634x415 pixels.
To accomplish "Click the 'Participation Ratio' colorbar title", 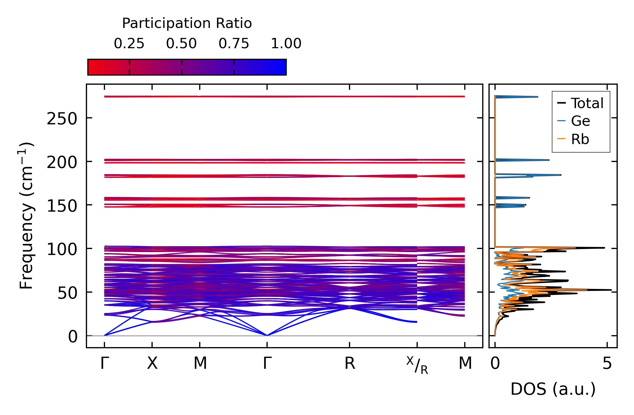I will coord(187,23).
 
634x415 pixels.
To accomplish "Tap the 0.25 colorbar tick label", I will coord(129,44).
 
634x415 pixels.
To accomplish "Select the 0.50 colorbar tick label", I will coord(181,44).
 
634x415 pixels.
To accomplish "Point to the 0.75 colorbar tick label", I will coord(234,44).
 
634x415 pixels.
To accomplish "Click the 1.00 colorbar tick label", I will coord(286,44).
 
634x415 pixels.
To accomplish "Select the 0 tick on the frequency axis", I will coord(72,337).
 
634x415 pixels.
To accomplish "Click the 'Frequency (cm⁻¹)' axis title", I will coord(26,216).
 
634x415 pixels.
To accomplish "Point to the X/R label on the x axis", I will coord(417,365).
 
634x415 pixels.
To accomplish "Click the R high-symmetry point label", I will coord(350,363).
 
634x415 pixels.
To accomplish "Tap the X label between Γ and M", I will coord(152,363).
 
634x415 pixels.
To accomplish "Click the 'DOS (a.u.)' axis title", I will coord(553,389).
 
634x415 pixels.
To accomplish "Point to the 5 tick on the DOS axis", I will coord(607,363).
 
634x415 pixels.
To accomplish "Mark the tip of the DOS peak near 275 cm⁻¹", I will coord(538,97).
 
